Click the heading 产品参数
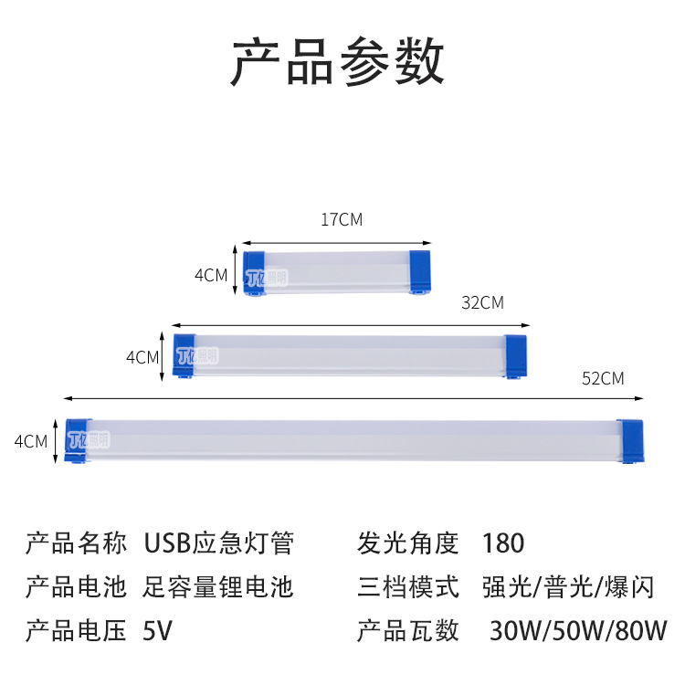pos(338,62)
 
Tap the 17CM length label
pos(342,220)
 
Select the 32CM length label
pos(483,302)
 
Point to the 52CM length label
pos(603,378)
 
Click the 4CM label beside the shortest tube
pos(210,274)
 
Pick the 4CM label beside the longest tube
pos(31,441)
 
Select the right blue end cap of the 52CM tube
pos(629,441)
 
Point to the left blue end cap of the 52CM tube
pos(77,441)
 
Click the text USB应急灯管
pos(219,543)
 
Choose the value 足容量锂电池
pos(219,586)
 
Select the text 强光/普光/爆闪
pos(567,586)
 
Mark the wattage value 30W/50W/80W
pos(578,630)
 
